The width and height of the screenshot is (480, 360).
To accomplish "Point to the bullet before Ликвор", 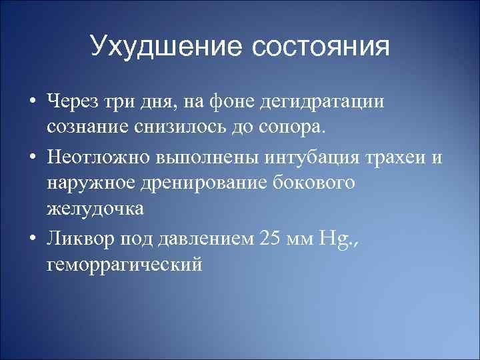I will point(31,239).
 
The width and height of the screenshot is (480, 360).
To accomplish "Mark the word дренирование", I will point(207,183).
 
